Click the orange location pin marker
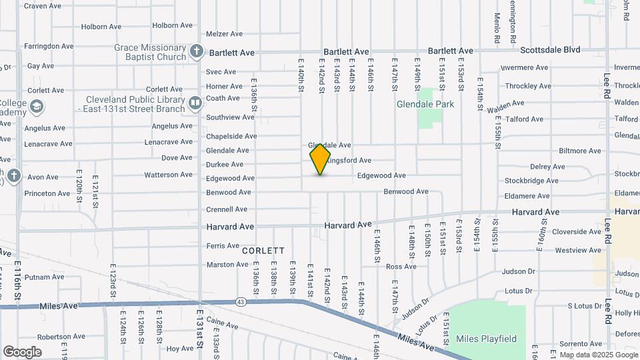(x=320, y=159)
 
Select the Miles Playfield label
(x=486, y=339)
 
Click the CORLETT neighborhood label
(x=263, y=251)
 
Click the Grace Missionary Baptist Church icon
(x=196, y=51)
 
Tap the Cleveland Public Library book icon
(x=195, y=103)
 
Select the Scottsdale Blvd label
(x=550, y=50)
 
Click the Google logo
(x=22, y=351)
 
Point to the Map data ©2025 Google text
(x=598, y=355)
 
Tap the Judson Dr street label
(x=518, y=271)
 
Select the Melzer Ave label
(x=224, y=34)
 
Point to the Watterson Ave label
(x=168, y=175)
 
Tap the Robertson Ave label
(x=60, y=337)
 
